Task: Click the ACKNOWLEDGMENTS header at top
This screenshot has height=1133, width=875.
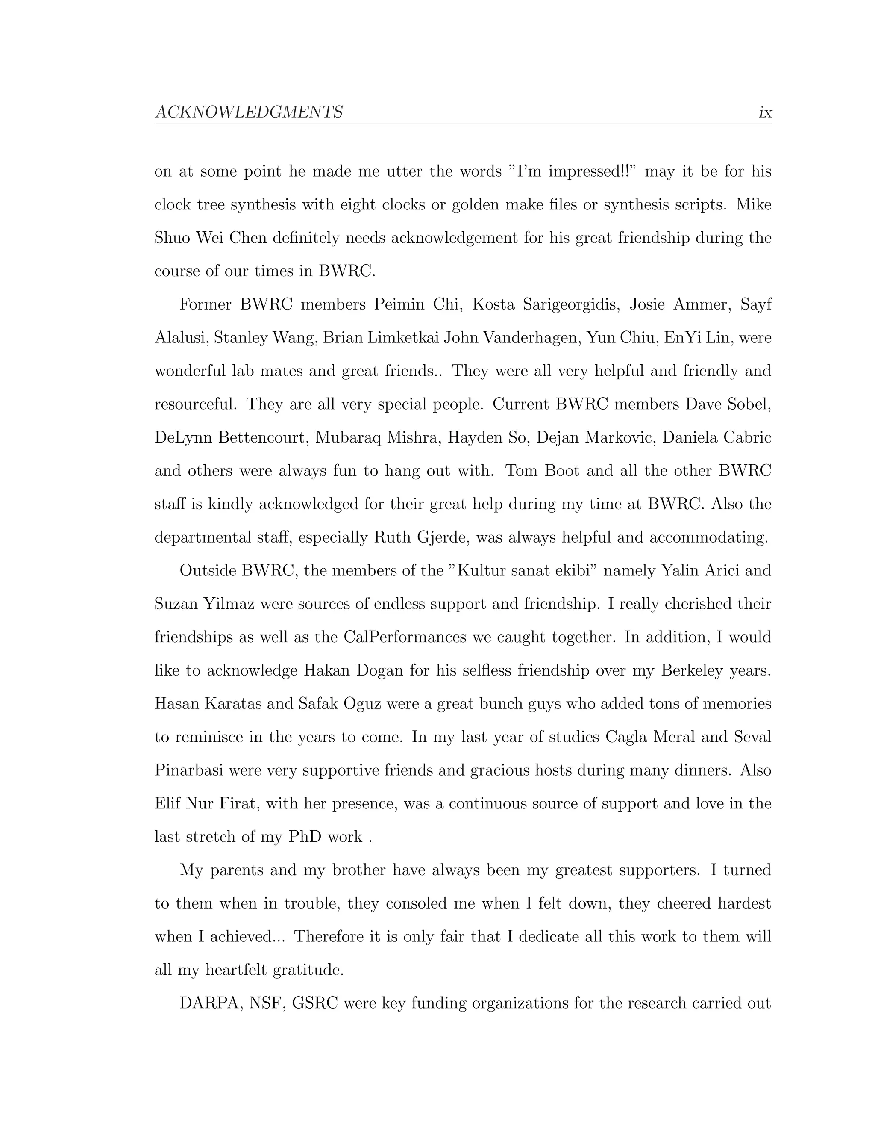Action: [249, 112]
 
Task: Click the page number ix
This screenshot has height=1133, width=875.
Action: [765, 112]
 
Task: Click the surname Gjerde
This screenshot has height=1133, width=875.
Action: [443, 537]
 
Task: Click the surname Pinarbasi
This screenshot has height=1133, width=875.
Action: [189, 770]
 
